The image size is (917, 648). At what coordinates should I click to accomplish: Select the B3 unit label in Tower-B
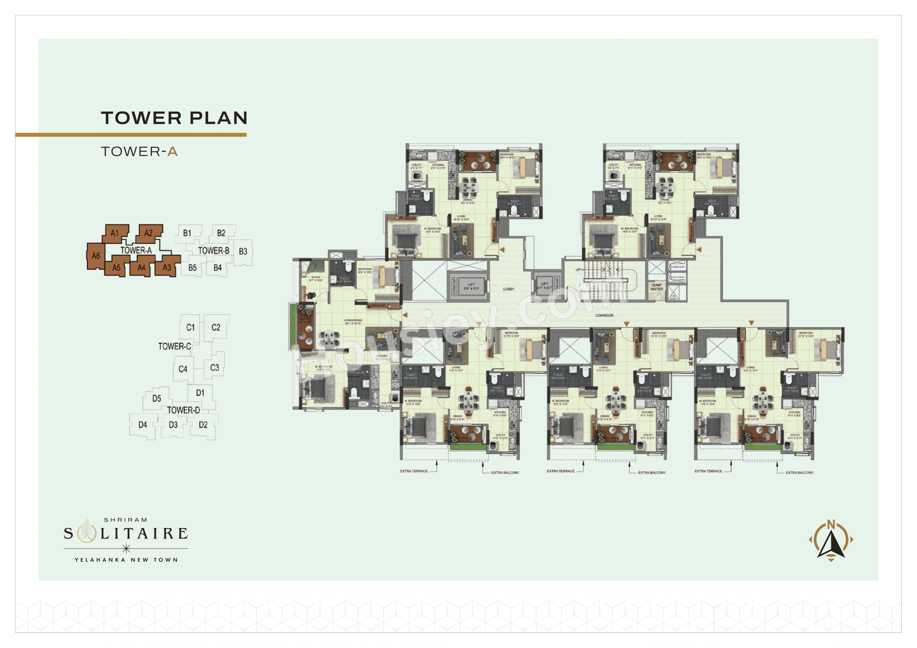(243, 252)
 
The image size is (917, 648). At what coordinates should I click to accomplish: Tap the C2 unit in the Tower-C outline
(216, 327)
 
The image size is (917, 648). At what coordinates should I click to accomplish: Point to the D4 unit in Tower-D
(142, 425)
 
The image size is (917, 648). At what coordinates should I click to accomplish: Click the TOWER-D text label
(183, 410)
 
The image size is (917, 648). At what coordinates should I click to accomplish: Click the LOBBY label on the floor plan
(508, 289)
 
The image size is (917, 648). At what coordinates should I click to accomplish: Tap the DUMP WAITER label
(657, 287)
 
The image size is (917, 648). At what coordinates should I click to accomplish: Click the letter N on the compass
(831, 524)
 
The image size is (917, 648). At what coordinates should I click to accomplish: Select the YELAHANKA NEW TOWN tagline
(126, 560)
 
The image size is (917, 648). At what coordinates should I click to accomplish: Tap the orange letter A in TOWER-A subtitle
(172, 152)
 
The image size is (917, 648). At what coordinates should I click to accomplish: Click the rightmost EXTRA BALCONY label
(799, 473)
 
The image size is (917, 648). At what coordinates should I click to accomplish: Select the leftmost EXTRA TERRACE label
(414, 471)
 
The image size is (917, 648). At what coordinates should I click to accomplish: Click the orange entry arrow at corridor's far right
(751, 322)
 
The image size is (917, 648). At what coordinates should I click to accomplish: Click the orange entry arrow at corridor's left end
(405, 315)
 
